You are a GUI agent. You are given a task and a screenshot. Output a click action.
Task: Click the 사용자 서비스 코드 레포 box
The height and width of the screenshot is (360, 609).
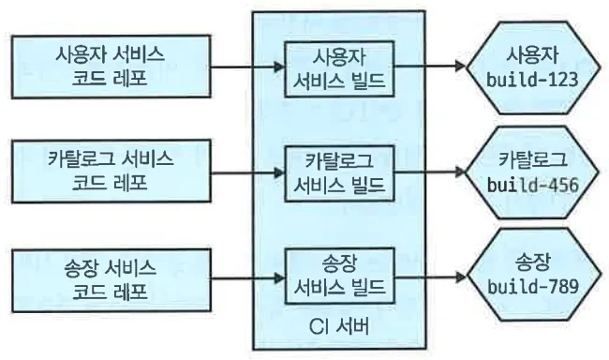pyautogui.click(x=111, y=67)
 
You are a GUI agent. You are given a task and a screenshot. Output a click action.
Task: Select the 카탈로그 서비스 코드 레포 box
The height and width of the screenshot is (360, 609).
pyautogui.click(x=111, y=172)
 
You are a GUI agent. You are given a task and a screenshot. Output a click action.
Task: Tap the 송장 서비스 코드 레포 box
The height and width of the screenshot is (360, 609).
pyautogui.click(x=111, y=280)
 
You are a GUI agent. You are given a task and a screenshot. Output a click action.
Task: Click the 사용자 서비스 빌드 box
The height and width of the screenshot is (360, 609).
pyautogui.click(x=339, y=68)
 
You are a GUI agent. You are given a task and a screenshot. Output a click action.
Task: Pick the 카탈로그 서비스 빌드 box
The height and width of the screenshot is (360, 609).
pyautogui.click(x=339, y=173)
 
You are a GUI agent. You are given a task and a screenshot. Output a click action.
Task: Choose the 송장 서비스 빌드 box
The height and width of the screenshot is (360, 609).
pyautogui.click(x=339, y=276)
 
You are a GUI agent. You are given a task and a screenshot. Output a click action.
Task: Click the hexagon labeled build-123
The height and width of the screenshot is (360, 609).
pyautogui.click(x=533, y=67)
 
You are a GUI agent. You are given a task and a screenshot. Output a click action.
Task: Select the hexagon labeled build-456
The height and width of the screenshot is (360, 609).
pyautogui.click(x=533, y=172)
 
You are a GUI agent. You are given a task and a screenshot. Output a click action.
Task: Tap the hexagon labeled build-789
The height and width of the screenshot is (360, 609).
pyautogui.click(x=533, y=275)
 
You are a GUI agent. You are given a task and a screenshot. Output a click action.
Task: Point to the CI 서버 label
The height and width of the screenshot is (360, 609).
pyautogui.click(x=338, y=326)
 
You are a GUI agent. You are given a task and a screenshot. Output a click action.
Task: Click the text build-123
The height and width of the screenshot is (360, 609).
pyautogui.click(x=532, y=80)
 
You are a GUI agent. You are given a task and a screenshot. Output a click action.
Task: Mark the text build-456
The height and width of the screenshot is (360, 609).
pyautogui.click(x=532, y=185)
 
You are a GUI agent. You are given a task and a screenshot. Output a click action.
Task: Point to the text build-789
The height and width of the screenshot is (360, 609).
pyautogui.click(x=532, y=287)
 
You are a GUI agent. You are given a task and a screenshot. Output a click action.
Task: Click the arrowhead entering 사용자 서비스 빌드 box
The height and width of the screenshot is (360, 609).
pyautogui.click(x=279, y=67)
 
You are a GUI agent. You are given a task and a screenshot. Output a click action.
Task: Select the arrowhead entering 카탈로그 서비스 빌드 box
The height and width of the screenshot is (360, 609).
pyautogui.click(x=279, y=172)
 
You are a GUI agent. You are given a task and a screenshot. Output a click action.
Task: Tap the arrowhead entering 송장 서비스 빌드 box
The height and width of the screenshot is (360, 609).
pyautogui.click(x=279, y=278)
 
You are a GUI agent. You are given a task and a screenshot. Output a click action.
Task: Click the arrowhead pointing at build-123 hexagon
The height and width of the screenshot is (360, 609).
pyautogui.click(x=460, y=66)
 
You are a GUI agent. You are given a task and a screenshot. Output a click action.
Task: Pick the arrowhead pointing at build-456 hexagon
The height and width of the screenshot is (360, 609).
pyautogui.click(x=460, y=172)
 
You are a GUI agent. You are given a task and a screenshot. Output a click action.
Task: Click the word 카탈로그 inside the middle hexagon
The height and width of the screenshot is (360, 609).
pyautogui.click(x=532, y=159)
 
